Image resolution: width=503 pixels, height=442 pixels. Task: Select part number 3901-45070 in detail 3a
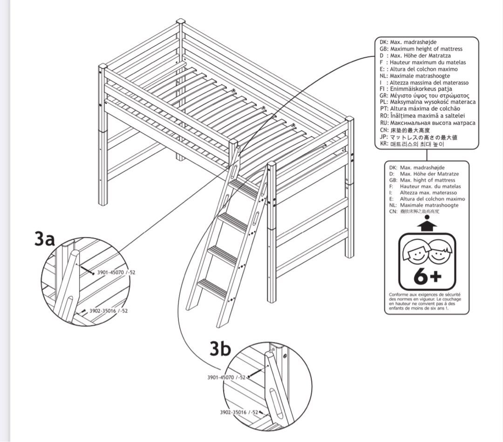click(112, 273)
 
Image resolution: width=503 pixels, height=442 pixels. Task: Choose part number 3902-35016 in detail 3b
click(239, 412)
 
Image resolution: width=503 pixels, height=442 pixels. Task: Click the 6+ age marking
click(427, 277)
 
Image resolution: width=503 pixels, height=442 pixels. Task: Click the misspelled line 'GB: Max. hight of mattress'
click(422, 180)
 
